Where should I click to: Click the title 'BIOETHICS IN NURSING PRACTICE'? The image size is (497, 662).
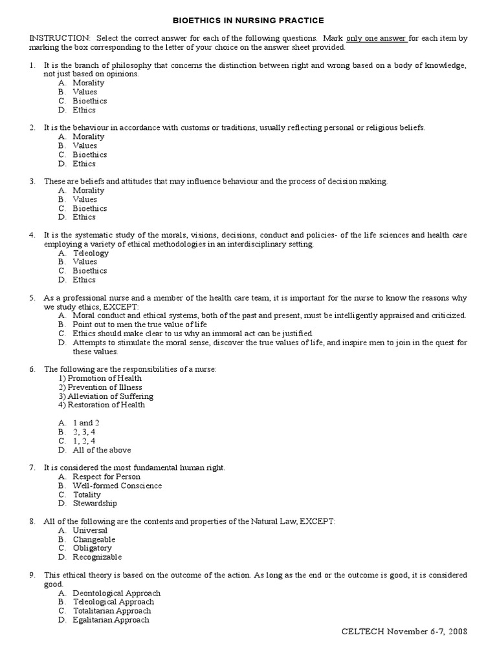coord(248,21)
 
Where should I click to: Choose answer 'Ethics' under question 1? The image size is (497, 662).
coord(84,110)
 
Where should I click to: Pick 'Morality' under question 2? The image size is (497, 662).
coord(88,136)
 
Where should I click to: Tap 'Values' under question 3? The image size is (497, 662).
coord(85,199)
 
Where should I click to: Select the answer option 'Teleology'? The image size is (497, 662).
coord(91,253)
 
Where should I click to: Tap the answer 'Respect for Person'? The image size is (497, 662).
coord(106,476)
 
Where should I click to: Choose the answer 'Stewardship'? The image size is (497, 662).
coord(95,503)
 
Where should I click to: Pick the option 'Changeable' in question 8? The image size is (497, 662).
coord(94,539)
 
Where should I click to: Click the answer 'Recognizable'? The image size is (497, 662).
coord(97,557)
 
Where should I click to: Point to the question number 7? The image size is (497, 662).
coord(32,467)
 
